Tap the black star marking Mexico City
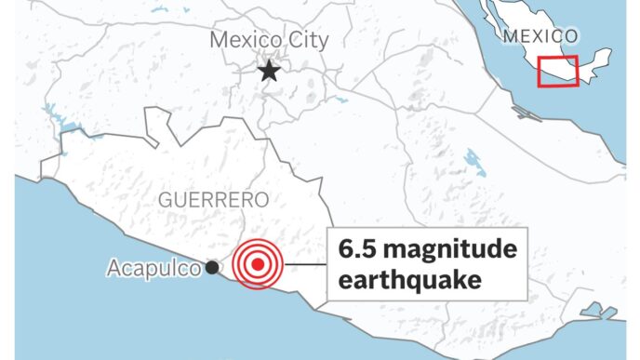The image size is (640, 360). tap(269, 71)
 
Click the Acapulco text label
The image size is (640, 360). tap(153, 269)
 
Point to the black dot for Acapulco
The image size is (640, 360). tap(212, 267)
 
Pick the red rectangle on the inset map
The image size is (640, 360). tap(559, 72)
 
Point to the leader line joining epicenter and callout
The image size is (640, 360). tap(303, 265)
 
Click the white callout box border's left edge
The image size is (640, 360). tap(327, 265)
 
